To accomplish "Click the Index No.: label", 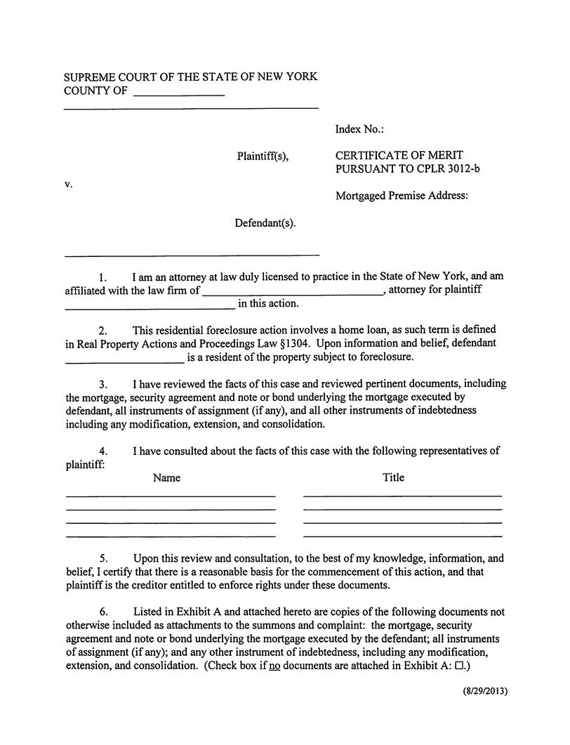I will pyautogui.click(x=359, y=129).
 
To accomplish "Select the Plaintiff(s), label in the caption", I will pyautogui.click(x=262, y=157).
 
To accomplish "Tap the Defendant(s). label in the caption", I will pyautogui.click(x=265, y=223).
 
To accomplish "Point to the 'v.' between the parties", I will pyautogui.click(x=69, y=184).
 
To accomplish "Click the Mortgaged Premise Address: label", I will pyautogui.click(x=402, y=196).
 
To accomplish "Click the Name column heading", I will pyautogui.click(x=166, y=477).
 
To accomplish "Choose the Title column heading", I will pyautogui.click(x=393, y=477).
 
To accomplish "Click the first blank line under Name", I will pyautogui.click(x=171, y=496).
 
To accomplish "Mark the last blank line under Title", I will pyautogui.click(x=402, y=536).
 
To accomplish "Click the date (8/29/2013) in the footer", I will pyautogui.click(x=484, y=691).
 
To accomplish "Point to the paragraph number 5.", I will pyautogui.click(x=102, y=559).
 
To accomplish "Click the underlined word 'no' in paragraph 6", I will pyautogui.click(x=274, y=666).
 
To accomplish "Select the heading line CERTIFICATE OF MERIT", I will pyautogui.click(x=399, y=155).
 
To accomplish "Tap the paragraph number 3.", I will pyautogui.click(x=102, y=384).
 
